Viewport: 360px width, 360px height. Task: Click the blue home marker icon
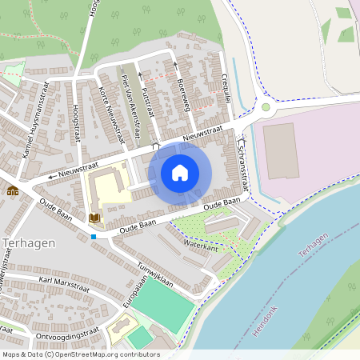(180, 172)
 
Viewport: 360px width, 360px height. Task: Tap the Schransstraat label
(242, 163)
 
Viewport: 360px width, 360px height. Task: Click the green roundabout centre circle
(266, 106)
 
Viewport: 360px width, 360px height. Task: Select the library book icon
(94, 218)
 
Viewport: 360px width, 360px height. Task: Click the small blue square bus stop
(94, 237)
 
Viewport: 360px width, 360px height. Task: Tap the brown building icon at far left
(12, 190)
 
